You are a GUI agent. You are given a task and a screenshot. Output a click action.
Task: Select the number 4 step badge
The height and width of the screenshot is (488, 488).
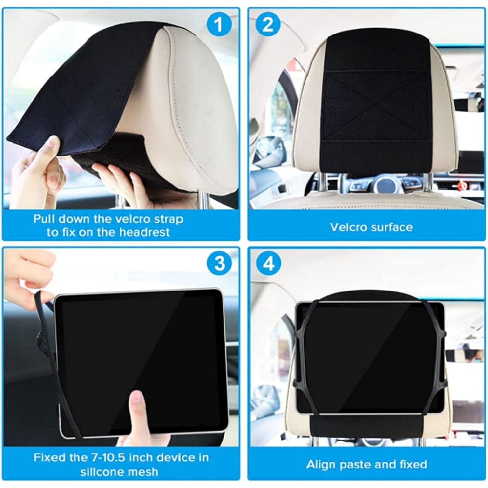pyautogui.click(x=268, y=264)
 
